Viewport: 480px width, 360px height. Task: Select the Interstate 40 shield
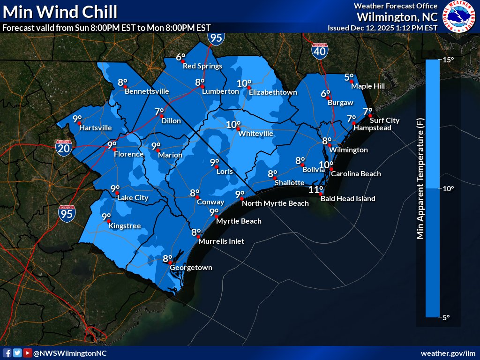coord(320,51)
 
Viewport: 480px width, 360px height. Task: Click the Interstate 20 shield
coord(63,148)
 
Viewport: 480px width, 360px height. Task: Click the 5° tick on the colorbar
coord(445,317)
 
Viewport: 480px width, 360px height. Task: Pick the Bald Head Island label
coord(348,199)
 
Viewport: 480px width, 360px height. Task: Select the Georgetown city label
coord(191,268)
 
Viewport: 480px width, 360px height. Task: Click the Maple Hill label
coord(368,86)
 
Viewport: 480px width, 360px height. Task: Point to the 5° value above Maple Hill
coord(349,77)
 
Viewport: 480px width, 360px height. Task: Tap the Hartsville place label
coord(96,127)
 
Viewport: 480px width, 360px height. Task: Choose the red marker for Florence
coord(114,149)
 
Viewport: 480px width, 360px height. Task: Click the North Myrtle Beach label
coord(275,203)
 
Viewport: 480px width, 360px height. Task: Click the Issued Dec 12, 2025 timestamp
coord(382,28)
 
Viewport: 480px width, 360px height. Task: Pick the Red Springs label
coord(202,66)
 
